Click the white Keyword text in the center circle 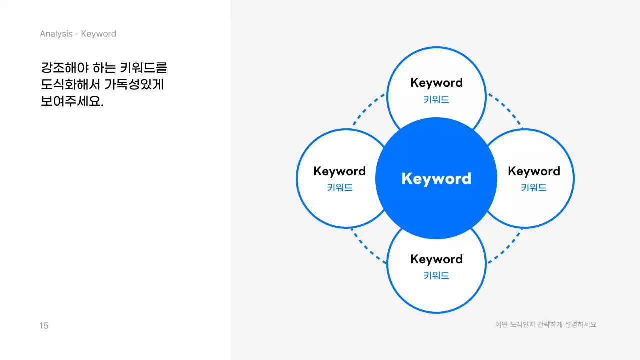click(x=436, y=179)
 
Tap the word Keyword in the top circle click(x=436, y=83)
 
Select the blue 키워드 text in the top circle click(x=436, y=99)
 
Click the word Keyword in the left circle click(x=339, y=171)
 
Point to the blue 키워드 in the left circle click(x=339, y=188)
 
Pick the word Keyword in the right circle click(x=534, y=171)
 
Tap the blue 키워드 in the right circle click(x=534, y=188)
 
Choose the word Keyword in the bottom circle click(x=436, y=259)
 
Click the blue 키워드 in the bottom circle click(x=436, y=275)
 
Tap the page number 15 click(x=44, y=326)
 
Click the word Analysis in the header click(x=56, y=34)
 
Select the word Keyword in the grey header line click(x=99, y=34)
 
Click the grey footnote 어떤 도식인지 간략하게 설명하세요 click(x=545, y=324)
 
